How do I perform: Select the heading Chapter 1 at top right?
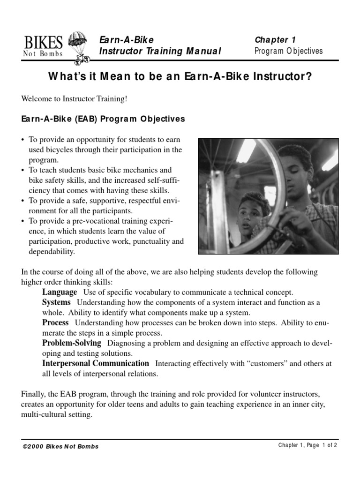(x=275, y=40)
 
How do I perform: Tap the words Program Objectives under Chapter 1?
(x=288, y=51)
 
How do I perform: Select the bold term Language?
(x=59, y=292)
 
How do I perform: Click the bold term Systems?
(x=56, y=302)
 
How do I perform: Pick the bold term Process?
(x=55, y=322)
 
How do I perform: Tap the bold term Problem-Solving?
(x=71, y=343)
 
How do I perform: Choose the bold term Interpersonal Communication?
(x=96, y=363)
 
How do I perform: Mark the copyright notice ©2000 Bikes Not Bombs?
(x=60, y=446)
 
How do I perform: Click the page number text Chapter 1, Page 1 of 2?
(x=307, y=446)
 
